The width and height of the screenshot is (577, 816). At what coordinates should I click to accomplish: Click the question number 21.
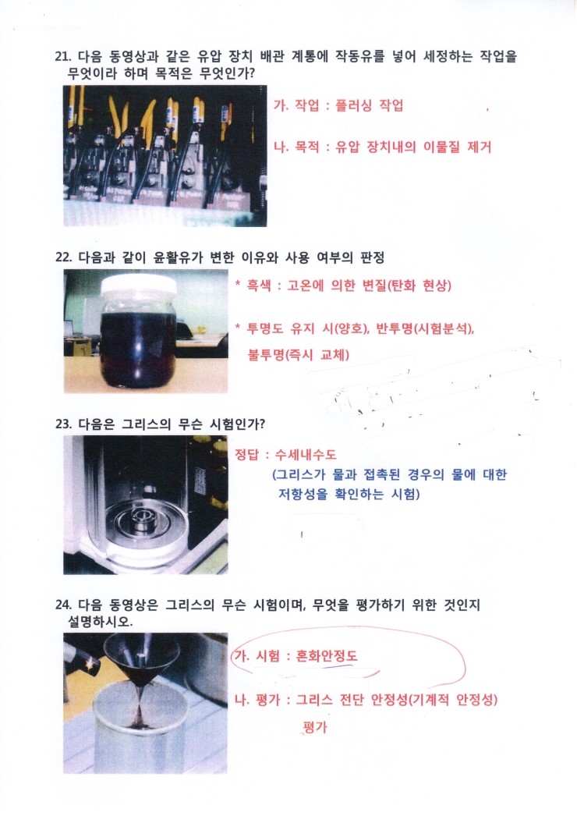pyautogui.click(x=62, y=56)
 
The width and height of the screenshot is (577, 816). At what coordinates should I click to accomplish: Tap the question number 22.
pyautogui.click(x=62, y=257)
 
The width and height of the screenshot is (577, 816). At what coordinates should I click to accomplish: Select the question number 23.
pyautogui.click(x=62, y=424)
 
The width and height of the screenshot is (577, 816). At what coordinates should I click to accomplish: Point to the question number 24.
pyautogui.click(x=62, y=605)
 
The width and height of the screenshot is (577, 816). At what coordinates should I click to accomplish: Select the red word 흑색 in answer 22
pyautogui.click(x=259, y=286)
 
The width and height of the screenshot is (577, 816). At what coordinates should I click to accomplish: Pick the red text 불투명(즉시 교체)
pyautogui.click(x=299, y=355)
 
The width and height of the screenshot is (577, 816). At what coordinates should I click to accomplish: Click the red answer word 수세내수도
pyautogui.click(x=306, y=455)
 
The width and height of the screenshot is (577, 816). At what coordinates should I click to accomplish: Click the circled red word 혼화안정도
pyautogui.click(x=327, y=656)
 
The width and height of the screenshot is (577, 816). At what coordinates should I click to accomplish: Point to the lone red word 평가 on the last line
pyautogui.click(x=315, y=728)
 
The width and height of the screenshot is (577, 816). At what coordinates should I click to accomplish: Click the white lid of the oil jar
pyautogui.click(x=140, y=286)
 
